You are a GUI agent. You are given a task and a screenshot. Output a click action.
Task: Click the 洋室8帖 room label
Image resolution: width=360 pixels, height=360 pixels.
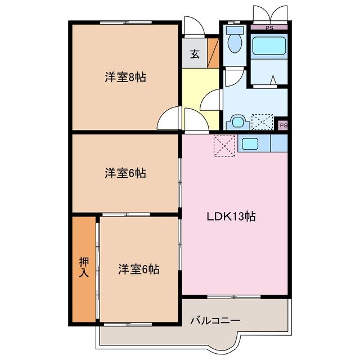tap(125, 78)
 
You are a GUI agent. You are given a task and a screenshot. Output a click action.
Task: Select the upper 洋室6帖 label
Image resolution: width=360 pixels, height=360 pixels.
tap(125, 174)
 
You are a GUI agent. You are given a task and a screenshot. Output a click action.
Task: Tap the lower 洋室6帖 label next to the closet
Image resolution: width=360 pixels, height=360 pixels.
tap(138, 269)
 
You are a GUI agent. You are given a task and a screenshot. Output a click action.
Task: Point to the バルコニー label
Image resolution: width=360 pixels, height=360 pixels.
tap(215, 320)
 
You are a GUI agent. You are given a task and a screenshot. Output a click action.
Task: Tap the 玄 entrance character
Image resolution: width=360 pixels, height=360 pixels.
tap(194, 55)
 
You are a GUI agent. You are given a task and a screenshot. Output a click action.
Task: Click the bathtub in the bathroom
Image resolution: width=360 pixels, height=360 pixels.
tap(269, 46)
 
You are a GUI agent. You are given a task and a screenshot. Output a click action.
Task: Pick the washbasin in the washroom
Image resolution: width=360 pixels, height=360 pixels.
tap(238, 121)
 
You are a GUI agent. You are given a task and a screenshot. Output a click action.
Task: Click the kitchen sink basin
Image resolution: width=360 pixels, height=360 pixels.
tap(249, 143)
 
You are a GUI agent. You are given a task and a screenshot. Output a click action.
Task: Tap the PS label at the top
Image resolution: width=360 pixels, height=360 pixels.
tap(269, 26)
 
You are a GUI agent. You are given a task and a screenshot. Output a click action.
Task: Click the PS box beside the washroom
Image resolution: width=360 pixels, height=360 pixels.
tap(282, 125)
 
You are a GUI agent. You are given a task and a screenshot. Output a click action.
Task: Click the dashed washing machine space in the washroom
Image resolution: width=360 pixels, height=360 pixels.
tap(262, 122)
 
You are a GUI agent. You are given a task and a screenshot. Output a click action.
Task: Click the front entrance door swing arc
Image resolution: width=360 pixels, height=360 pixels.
tap(193, 27)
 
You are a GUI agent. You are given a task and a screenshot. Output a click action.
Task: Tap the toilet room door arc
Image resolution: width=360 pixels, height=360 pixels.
tap(233, 78)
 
